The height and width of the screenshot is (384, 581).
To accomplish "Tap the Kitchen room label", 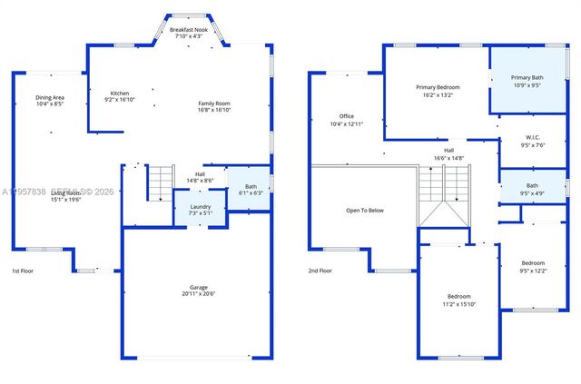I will (120, 94).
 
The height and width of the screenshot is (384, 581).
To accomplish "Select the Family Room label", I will (215, 103).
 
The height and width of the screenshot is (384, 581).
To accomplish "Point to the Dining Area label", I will (50, 97).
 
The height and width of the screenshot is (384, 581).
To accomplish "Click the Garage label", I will (198, 287).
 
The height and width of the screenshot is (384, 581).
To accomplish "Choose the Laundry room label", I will (200, 207).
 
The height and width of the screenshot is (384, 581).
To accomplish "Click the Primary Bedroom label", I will (438, 87).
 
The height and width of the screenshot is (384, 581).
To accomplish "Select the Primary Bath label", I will (527, 78).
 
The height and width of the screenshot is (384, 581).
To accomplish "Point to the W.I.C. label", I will (533, 138).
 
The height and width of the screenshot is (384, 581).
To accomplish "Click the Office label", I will (347, 116).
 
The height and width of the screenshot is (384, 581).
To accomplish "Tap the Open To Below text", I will (365, 210).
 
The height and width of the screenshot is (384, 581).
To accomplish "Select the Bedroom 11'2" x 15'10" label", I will (458, 297).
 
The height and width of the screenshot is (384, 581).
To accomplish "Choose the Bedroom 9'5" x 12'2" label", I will (533, 263).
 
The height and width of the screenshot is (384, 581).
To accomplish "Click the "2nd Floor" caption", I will (320, 271).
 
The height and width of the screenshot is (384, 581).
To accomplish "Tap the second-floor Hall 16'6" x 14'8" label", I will (448, 151).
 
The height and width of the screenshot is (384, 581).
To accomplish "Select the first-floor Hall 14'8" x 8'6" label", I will (200, 174).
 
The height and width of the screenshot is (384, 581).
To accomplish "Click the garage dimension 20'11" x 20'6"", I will (198, 294).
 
